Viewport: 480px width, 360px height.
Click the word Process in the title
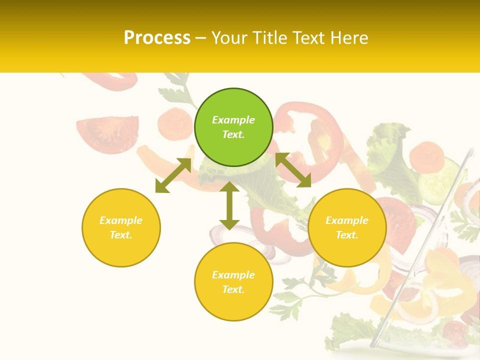pyautogui.click(x=157, y=38)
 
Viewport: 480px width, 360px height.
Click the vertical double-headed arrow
pyautogui.click(x=229, y=205)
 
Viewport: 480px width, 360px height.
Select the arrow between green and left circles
pyautogui.click(x=173, y=175)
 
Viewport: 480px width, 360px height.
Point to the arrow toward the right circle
pyautogui.click(x=293, y=170)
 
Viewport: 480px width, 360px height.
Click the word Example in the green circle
pyautogui.click(x=233, y=120)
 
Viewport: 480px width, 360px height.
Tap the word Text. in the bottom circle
pyautogui.click(x=233, y=289)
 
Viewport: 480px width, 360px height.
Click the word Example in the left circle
pyautogui.click(x=121, y=220)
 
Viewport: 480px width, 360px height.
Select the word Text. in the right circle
pyautogui.click(x=347, y=235)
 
